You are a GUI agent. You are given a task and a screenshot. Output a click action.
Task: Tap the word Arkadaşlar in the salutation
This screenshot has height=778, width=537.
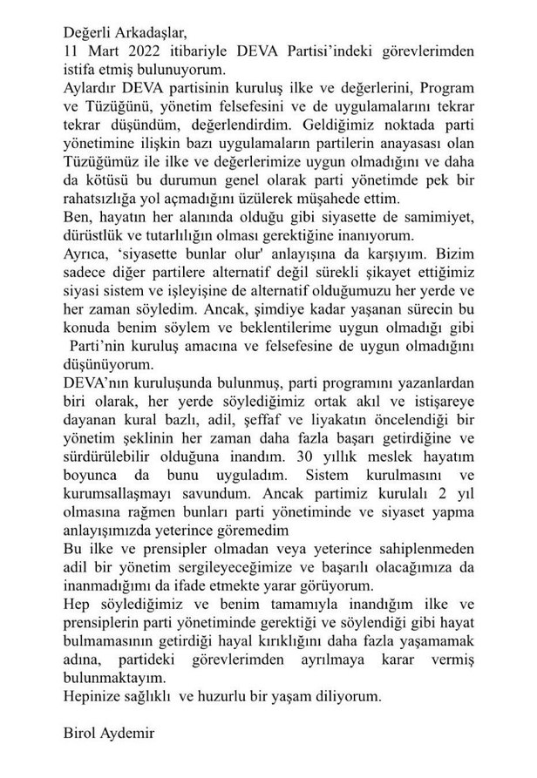tap(156, 30)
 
